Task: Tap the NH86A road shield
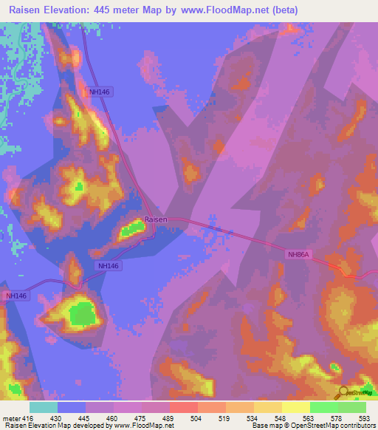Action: (x=298, y=254)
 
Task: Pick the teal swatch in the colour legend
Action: (x=44, y=406)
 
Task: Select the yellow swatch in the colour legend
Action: (x=295, y=406)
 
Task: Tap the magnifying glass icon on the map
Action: (x=344, y=393)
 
